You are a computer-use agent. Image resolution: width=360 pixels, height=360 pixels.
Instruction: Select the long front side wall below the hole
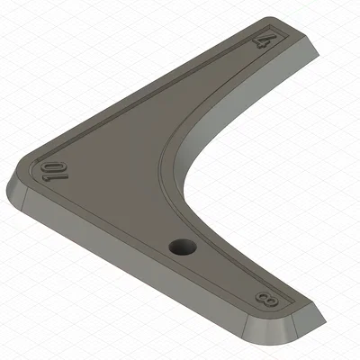[135, 270]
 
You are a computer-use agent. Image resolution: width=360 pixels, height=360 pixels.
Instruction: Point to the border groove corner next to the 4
[284, 32]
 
